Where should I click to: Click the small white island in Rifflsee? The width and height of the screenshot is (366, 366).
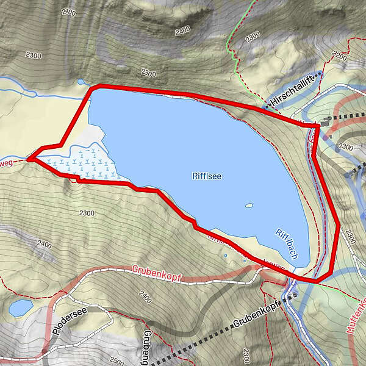click(x=249, y=206)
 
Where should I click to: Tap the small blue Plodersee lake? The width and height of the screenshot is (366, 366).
click(x=21, y=307)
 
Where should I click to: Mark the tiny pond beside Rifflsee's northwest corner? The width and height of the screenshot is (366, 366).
click(x=81, y=81)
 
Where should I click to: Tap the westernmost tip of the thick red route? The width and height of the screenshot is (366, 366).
click(x=29, y=159)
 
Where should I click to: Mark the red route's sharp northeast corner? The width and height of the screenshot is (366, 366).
click(x=318, y=126)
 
